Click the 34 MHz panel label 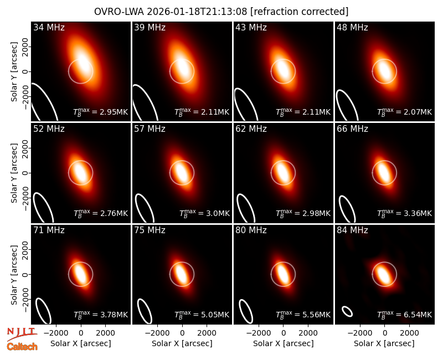point(49,27)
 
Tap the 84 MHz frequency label point(352,230)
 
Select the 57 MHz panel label point(150,129)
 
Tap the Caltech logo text point(22,347)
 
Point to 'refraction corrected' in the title point(300,12)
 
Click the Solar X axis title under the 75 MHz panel point(182,343)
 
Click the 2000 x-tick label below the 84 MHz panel point(409,333)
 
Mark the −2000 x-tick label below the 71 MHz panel point(56,333)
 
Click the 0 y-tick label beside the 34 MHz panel point(26,72)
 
